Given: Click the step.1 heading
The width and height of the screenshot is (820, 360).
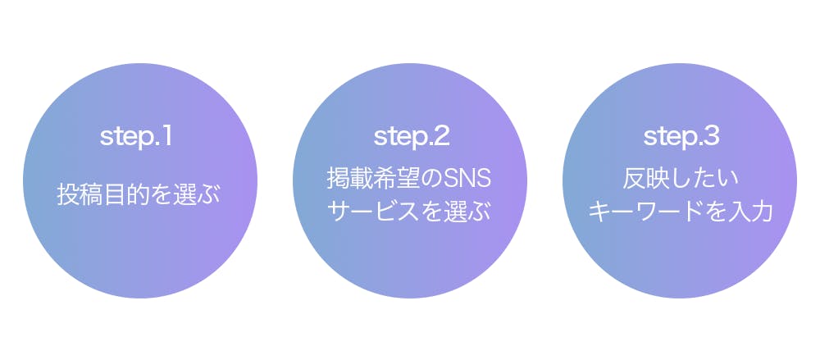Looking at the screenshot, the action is pos(136,138).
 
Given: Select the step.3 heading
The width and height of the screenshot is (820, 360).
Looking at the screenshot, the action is pos(681,138).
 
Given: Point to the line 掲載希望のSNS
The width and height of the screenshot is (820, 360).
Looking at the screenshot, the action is pos(409,180).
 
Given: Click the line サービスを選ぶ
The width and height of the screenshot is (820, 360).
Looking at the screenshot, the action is pos(409,212).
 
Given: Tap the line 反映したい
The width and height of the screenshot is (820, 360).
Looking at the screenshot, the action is pos(681,180).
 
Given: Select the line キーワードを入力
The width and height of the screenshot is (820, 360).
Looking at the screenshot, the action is pos(681,212).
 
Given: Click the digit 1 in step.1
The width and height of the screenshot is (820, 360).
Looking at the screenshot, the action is pos(166,137).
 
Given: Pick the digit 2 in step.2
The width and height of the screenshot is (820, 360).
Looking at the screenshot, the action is pos(441,137).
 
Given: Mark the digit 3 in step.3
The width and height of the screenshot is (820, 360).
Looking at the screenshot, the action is pos(711,137).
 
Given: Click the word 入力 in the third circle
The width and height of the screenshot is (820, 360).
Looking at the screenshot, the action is pos(750,212).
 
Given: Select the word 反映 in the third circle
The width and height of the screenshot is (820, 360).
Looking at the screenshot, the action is pos(645,180).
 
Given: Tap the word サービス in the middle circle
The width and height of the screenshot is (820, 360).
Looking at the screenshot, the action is pos(374,212).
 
